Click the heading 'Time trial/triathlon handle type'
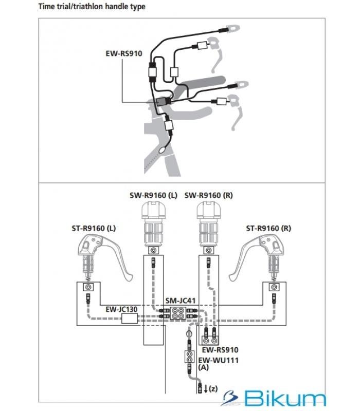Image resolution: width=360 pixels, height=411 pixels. coord(92,7)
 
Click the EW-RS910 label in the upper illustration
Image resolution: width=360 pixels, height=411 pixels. coord(124,53)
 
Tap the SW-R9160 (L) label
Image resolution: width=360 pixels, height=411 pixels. coord(153,195)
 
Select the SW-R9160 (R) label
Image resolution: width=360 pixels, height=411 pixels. coord(209,195)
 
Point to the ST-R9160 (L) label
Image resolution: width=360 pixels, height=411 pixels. coord(94,228)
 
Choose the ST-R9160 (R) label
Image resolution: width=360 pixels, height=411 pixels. coord(268,228)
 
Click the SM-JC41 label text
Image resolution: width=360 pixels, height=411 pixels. coord(181,301)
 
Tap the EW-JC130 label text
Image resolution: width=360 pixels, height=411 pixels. coord(121,309)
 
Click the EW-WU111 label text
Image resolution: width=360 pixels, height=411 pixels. coord(218,361)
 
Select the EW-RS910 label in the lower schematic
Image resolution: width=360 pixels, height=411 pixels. coord(220,350)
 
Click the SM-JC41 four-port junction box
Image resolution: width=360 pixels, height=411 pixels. coord(178,313)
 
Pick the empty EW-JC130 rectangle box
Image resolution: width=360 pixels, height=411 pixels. coord(130,319)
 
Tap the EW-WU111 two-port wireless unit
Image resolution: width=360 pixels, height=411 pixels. coord(189,357)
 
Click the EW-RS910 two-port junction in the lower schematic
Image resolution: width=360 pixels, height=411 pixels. coord(210,341)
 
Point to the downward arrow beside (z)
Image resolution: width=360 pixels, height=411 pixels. coord(206,389)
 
